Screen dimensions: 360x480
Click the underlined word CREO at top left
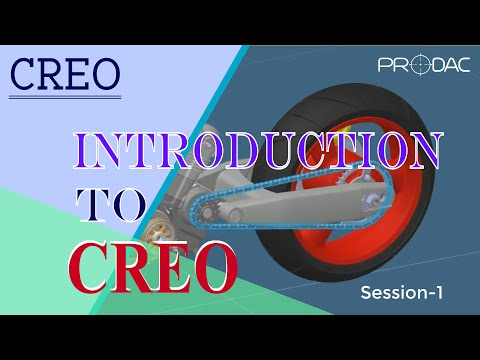click(65, 72)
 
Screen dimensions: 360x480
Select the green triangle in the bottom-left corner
click(40, 270)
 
